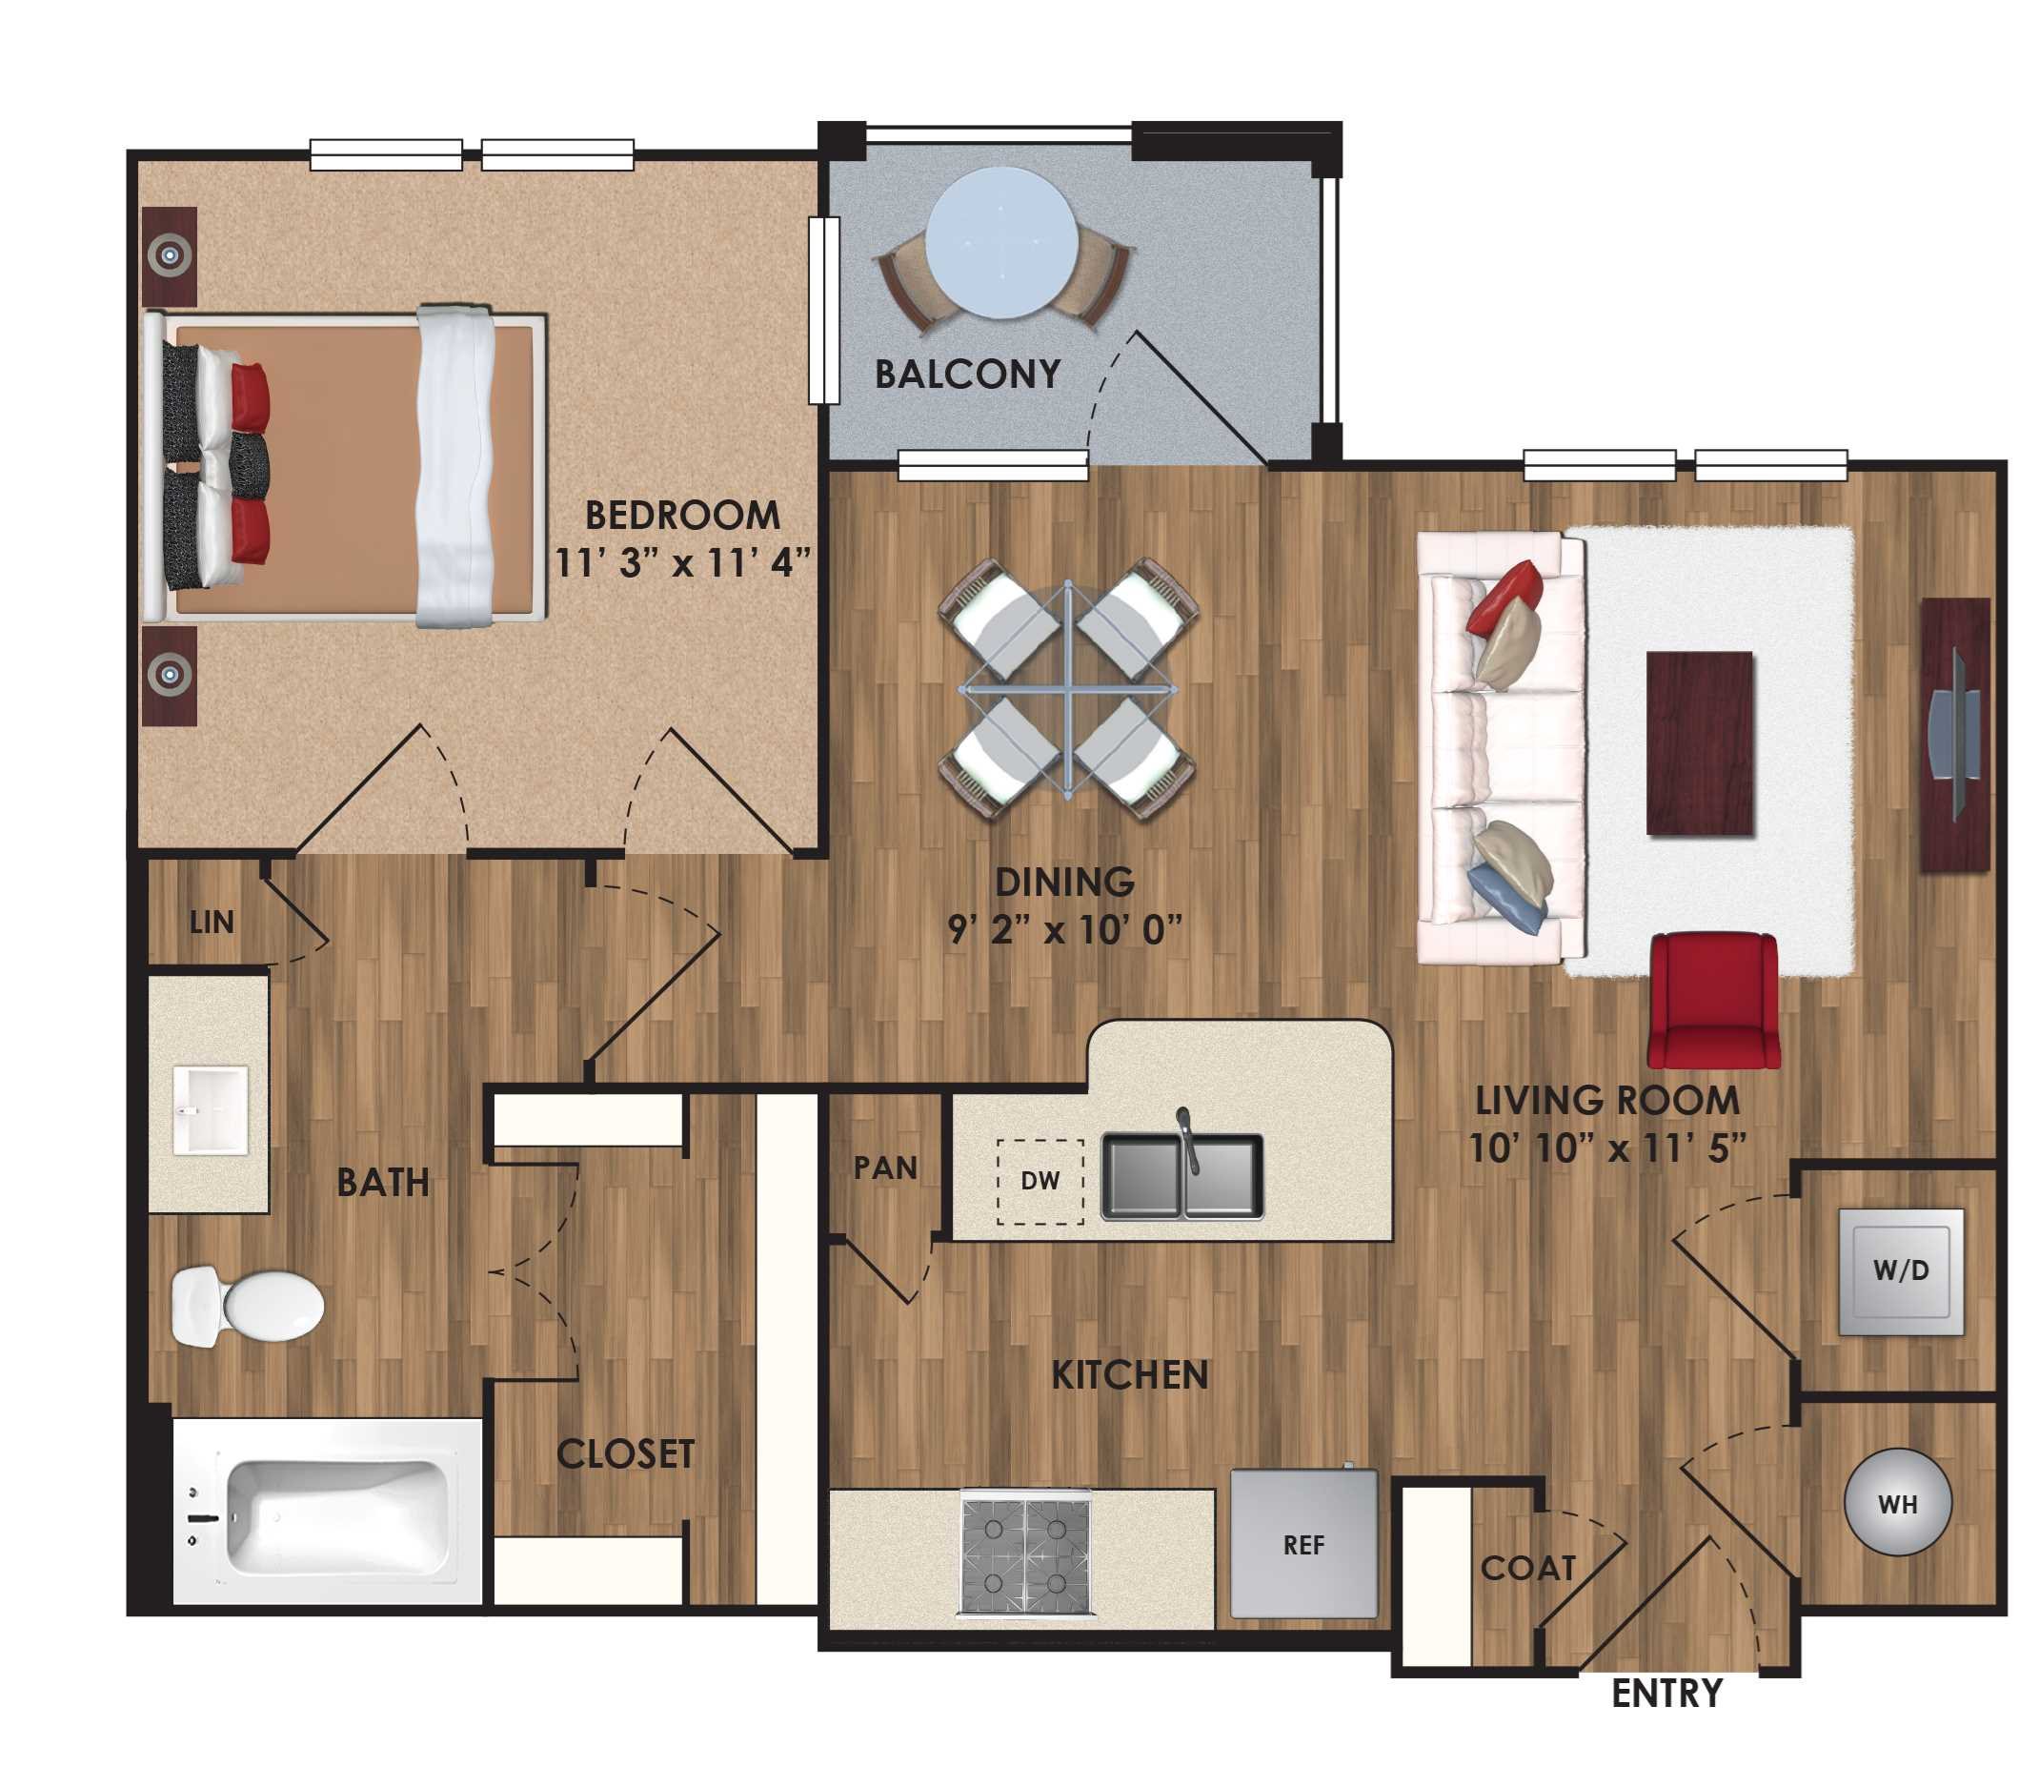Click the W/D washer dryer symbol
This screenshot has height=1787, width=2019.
click(x=1901, y=1272)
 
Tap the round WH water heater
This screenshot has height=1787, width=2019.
click(x=1897, y=1502)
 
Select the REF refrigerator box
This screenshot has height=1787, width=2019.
click(x=1302, y=1544)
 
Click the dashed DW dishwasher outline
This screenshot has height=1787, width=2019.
click(x=1040, y=1182)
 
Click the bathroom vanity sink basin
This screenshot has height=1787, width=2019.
click(x=210, y=1109)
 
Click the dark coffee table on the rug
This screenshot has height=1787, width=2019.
click(x=1699, y=742)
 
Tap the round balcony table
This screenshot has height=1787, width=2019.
click(x=1000, y=243)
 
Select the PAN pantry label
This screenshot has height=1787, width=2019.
click(x=885, y=1168)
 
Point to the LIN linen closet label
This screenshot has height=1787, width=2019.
click(x=212, y=923)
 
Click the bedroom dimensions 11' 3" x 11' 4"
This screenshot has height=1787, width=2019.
click(x=681, y=564)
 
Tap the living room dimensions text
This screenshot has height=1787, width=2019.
click(x=1607, y=1147)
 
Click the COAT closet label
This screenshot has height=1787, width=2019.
click(x=1527, y=1568)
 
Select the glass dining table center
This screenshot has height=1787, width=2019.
click(x=1068, y=688)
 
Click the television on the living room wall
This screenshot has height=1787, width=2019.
click(x=1954, y=735)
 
